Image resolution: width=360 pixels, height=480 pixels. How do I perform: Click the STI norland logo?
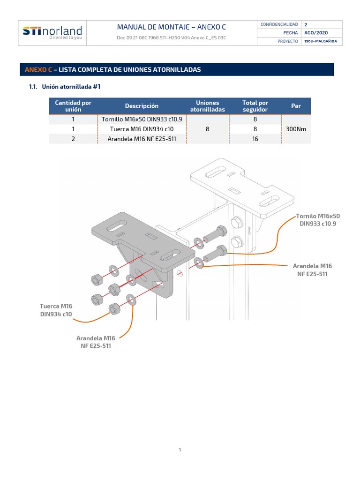(x=52, y=32)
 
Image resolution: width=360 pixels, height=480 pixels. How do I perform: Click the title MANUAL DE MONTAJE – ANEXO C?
(x=171, y=27)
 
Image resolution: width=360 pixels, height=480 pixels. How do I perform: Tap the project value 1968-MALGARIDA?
(x=320, y=41)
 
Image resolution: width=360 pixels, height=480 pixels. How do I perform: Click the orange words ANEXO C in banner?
(x=38, y=69)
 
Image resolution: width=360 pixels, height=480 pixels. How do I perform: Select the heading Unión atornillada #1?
(x=71, y=87)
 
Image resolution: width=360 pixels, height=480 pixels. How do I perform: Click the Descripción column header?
(x=142, y=106)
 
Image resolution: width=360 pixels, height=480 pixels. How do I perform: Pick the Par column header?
(x=296, y=106)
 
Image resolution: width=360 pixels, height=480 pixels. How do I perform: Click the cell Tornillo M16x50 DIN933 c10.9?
(x=142, y=119)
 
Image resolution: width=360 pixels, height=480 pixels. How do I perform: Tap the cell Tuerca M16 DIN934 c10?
(x=142, y=129)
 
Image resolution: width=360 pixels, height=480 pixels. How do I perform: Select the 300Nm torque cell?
(x=296, y=129)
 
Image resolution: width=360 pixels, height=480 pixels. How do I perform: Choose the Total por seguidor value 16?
(x=255, y=139)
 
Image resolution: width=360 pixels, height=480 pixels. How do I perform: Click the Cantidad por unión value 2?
(x=73, y=139)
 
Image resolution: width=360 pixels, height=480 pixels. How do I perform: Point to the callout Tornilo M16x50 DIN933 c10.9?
(x=318, y=220)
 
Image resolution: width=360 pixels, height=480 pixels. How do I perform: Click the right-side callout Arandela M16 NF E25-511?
(x=312, y=270)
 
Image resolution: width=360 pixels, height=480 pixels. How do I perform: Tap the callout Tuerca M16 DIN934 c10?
(x=56, y=310)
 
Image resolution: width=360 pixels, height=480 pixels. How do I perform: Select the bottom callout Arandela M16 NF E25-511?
(x=96, y=342)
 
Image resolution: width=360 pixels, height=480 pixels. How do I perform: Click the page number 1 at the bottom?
(x=180, y=450)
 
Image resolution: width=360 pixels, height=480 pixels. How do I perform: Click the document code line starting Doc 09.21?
(x=171, y=37)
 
